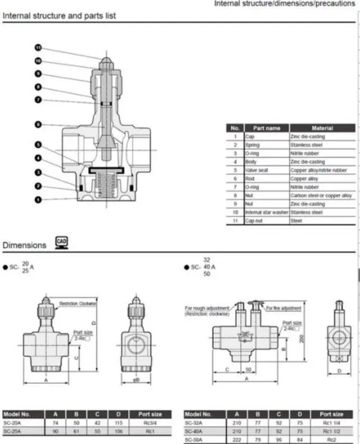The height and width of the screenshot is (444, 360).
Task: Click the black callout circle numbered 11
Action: (39, 48)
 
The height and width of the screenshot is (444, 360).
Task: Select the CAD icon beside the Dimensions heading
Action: (61, 243)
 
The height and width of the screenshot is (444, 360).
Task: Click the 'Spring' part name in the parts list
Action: (253, 145)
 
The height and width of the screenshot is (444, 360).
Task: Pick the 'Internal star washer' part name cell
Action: (267, 212)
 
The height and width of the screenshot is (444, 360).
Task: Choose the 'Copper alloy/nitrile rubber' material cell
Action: (322, 170)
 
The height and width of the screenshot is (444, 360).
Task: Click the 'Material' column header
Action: (322, 128)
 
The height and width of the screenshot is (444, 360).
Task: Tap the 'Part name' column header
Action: (267, 128)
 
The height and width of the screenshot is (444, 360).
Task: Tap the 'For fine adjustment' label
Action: (284, 308)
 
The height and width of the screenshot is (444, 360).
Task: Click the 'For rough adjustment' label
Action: (207, 308)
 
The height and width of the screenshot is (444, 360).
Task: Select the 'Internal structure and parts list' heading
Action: (60, 16)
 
